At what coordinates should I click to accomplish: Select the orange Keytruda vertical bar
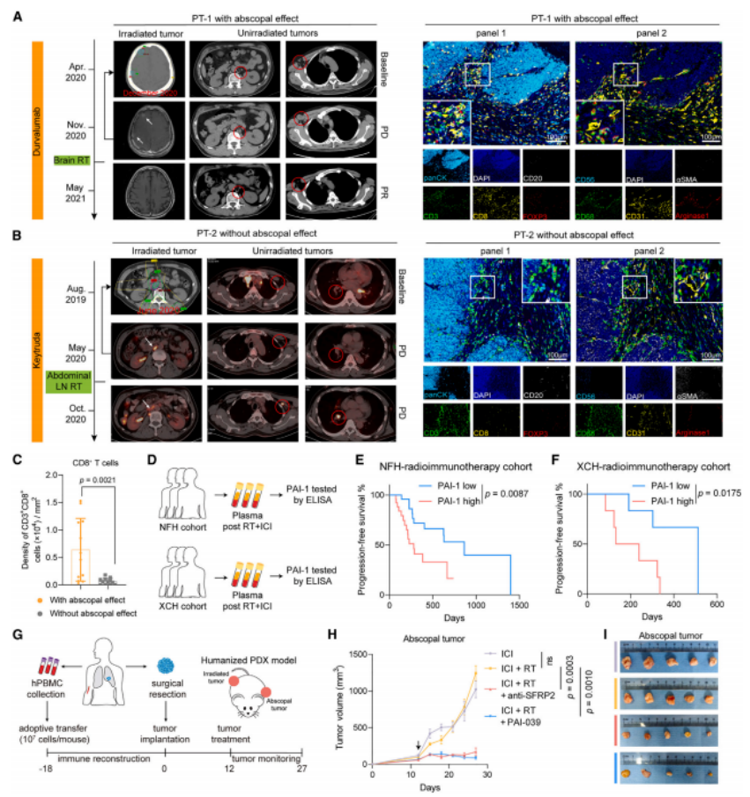38,349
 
